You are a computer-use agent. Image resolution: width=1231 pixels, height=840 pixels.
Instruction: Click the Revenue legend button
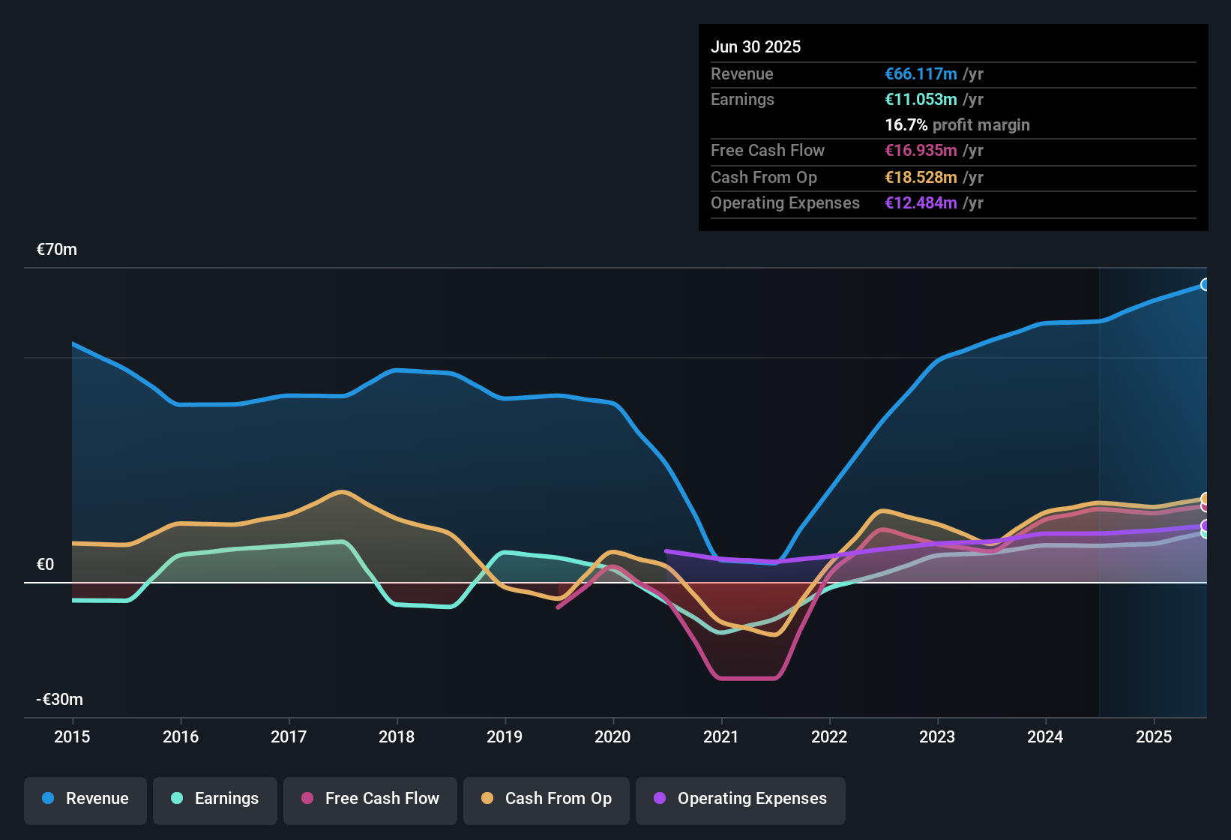(x=85, y=799)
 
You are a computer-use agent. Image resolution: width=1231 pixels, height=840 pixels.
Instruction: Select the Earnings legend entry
(x=215, y=799)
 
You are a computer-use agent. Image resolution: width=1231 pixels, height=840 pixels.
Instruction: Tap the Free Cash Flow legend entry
(x=370, y=799)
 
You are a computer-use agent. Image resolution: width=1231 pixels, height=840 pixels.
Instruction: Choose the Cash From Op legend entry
(x=547, y=799)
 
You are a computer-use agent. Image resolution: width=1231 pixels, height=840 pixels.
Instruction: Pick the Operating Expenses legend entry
(x=741, y=799)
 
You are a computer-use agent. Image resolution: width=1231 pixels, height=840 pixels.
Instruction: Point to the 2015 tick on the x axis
(x=72, y=736)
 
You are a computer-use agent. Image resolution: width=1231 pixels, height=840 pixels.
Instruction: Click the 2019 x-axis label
(x=505, y=736)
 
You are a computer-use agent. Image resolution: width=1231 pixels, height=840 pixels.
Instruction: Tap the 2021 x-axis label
(x=721, y=736)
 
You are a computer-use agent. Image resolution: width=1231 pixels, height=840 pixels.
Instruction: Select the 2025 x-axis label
(x=1154, y=736)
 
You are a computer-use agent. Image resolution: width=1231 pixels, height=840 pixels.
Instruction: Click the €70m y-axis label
(x=57, y=250)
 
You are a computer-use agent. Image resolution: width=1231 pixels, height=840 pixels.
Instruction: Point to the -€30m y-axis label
(x=60, y=700)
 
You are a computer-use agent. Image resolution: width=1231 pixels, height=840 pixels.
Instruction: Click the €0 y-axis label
(x=45, y=565)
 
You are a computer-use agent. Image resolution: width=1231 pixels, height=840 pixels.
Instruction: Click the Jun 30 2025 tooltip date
(x=756, y=47)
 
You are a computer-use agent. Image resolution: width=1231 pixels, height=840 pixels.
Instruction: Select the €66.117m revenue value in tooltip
(x=921, y=74)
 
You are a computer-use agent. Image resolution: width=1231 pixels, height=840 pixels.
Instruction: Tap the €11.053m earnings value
(x=921, y=100)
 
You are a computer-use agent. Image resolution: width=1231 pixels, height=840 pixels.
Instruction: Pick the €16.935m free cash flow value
(x=921, y=151)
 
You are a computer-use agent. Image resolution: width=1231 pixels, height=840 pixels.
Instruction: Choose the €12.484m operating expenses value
(x=921, y=203)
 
